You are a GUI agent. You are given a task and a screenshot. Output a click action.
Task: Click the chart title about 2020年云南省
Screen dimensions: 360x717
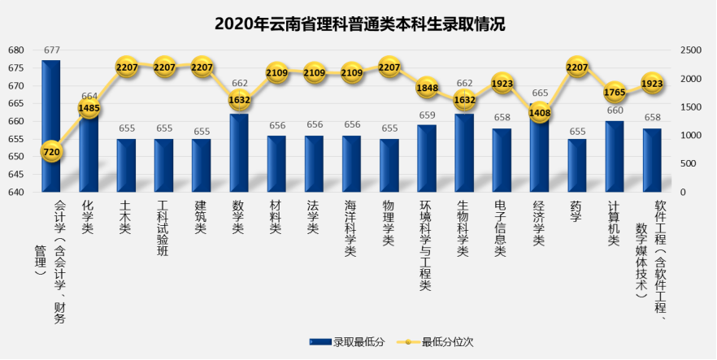point(359,24)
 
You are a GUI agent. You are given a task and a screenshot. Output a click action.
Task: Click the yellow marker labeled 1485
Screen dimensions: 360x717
point(89,108)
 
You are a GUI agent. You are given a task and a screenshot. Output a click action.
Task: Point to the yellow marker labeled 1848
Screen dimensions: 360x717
point(427,87)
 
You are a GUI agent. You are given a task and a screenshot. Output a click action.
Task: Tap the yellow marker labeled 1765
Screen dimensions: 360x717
point(615,92)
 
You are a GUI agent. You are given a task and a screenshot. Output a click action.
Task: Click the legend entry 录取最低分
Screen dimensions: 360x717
point(350,342)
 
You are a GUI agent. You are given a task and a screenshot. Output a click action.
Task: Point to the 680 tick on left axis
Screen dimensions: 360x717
point(16,50)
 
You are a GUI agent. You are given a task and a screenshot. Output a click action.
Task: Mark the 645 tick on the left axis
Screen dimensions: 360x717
point(16,175)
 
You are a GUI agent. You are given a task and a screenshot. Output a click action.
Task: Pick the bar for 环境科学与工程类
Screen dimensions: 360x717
point(427,158)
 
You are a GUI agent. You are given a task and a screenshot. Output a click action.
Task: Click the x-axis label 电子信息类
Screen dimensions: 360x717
point(502,229)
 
